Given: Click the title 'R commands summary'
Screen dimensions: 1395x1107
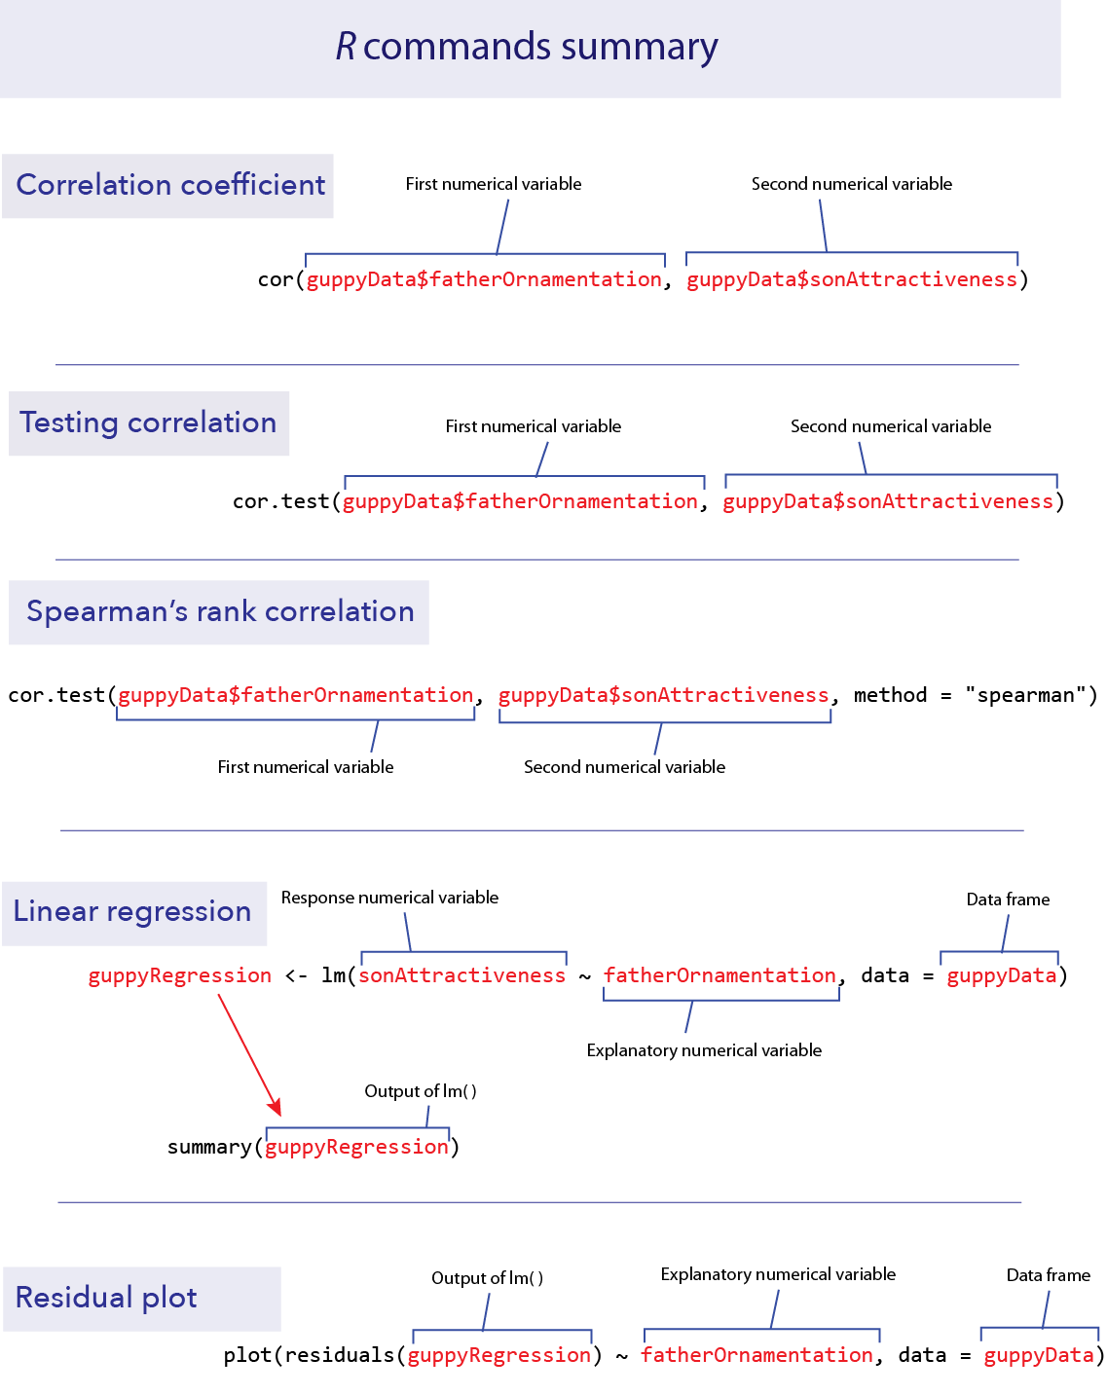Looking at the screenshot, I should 527,47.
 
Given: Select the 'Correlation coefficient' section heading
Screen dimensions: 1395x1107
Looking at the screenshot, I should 170,185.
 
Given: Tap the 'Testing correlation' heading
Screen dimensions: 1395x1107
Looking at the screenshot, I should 148,422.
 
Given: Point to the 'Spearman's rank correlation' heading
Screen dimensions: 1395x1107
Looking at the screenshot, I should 220,611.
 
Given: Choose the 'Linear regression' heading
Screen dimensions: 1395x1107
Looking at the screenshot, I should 132,912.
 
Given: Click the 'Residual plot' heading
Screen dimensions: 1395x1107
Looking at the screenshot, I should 106,1298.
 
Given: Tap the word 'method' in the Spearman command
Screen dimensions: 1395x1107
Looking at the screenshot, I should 890,695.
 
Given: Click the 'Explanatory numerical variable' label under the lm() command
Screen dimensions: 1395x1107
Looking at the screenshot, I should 704,1050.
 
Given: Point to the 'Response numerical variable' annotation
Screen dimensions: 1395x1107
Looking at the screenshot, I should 389,898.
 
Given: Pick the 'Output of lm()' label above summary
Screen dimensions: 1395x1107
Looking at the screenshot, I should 421,1091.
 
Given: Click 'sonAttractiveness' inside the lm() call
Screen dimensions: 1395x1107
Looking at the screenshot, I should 462,975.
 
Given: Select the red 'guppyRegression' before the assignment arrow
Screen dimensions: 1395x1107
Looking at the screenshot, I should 180,975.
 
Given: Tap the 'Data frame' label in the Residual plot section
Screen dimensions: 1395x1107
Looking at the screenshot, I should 1048,1275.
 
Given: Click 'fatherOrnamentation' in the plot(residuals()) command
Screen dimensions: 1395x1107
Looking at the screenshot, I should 757,1355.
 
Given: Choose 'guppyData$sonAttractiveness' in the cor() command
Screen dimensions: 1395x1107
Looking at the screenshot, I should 852,280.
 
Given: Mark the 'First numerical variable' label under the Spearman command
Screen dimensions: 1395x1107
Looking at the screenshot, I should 306,767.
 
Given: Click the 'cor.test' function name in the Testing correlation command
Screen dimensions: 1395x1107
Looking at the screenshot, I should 280,501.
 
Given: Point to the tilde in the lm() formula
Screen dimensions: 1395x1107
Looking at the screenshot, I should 585,975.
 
